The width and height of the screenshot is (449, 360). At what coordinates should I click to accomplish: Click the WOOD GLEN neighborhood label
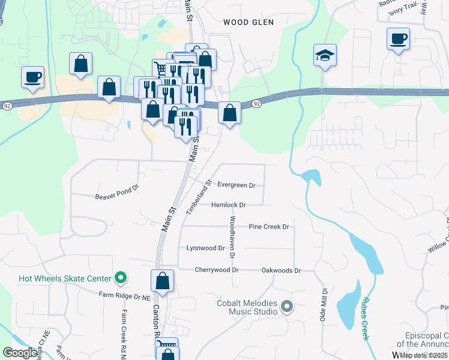click(x=248, y=22)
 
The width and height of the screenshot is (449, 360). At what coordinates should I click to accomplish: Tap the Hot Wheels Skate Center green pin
click(x=121, y=278)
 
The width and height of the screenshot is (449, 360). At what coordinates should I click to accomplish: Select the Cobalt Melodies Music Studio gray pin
click(x=286, y=307)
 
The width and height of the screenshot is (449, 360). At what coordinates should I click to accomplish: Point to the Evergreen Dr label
click(x=237, y=185)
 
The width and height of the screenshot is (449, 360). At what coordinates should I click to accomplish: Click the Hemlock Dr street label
click(x=229, y=205)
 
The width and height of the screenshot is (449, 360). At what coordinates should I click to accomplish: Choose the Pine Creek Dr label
click(x=269, y=227)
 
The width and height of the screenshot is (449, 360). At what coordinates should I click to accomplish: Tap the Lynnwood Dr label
click(x=205, y=248)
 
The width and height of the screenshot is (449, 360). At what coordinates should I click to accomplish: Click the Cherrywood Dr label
click(x=216, y=270)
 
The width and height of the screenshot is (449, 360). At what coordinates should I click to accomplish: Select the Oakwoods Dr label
click(x=281, y=271)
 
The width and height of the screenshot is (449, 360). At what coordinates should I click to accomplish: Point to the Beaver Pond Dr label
click(x=117, y=196)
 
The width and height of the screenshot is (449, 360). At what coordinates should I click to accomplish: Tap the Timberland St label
click(x=199, y=197)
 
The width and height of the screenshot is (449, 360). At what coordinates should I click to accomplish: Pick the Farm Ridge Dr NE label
click(x=124, y=295)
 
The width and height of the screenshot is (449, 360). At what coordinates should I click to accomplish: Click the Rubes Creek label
click(x=364, y=319)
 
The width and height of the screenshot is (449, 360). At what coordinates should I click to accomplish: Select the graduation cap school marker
click(x=325, y=56)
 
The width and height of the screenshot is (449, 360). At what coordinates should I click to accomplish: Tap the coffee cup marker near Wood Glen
click(x=398, y=39)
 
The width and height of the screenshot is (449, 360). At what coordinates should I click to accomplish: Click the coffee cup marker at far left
click(x=33, y=77)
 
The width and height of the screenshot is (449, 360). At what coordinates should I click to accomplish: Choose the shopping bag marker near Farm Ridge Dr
click(x=162, y=280)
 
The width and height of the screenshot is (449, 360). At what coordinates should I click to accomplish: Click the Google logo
click(x=20, y=353)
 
